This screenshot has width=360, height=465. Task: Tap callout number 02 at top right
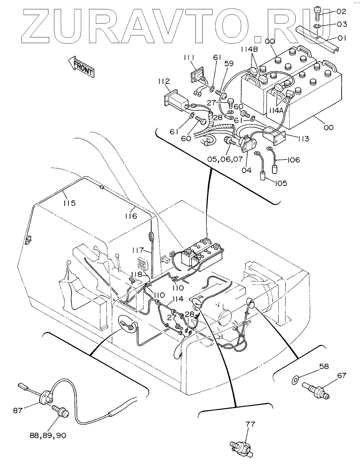[x=341, y=11]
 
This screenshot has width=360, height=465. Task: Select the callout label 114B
[x=249, y=50]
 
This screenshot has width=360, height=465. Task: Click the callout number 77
[x=250, y=424]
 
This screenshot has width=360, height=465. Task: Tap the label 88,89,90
[x=48, y=435]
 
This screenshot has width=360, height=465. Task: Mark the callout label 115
[x=70, y=203]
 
